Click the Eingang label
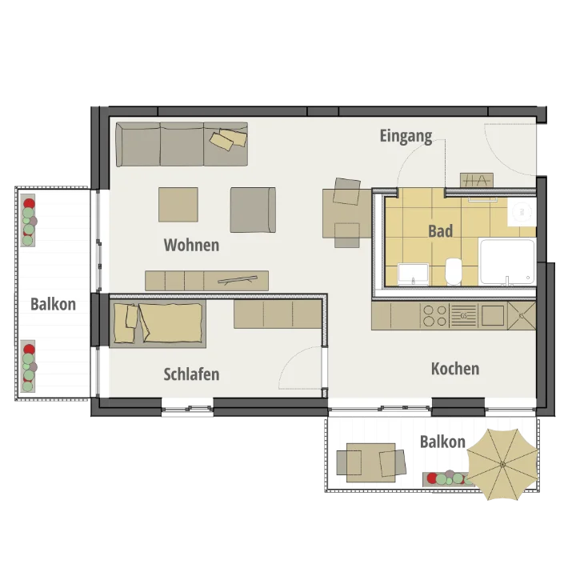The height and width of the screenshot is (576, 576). (406, 136)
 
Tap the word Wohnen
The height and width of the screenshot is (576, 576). (191, 245)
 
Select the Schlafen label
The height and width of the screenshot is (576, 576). (191, 374)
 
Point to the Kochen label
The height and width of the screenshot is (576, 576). (455, 369)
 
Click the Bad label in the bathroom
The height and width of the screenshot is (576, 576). (441, 231)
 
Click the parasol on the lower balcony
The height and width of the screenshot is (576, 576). (502, 464)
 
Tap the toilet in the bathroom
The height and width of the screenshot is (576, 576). (454, 271)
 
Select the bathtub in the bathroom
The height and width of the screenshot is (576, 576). (507, 262)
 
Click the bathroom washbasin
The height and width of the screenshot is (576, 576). (414, 274)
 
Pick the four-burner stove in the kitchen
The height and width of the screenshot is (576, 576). (435, 316)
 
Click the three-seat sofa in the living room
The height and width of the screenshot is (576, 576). (182, 144)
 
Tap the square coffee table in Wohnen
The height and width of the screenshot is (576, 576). (178, 205)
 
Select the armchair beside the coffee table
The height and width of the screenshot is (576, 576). (253, 210)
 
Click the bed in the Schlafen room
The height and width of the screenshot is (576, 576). (158, 324)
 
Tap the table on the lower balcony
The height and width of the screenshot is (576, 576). (371, 462)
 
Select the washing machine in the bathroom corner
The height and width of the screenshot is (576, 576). (522, 212)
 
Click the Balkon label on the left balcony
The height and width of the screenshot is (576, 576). (54, 304)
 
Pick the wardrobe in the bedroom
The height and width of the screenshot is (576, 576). (278, 314)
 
